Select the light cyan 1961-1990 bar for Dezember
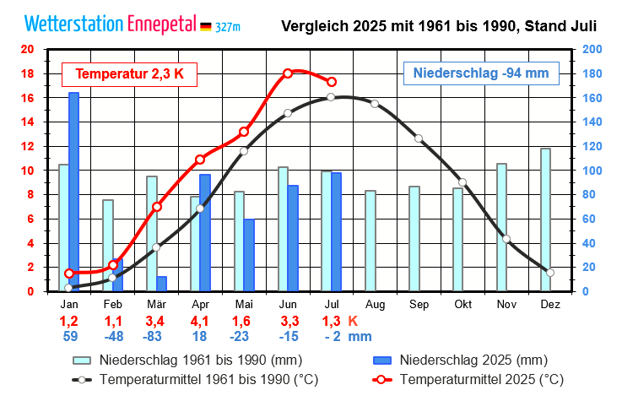pyautogui.click(x=545, y=219)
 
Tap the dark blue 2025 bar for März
pyautogui.click(x=161, y=284)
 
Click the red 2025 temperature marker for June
pyautogui.click(x=288, y=73)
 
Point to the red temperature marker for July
pyautogui.click(x=332, y=82)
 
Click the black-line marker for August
pyautogui.click(x=375, y=104)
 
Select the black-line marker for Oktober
pyautogui.click(x=462, y=182)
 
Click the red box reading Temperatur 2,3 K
pyautogui.click(x=129, y=74)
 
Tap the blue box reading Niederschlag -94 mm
pyautogui.click(x=481, y=73)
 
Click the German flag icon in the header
pyautogui.click(x=205, y=27)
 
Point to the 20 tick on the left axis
pyautogui.click(x=27, y=49)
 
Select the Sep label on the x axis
pyautogui.click(x=419, y=305)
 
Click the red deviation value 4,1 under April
pyautogui.click(x=200, y=321)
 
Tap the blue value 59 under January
pyautogui.click(x=69, y=336)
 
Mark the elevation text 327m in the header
pyautogui.click(x=228, y=28)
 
